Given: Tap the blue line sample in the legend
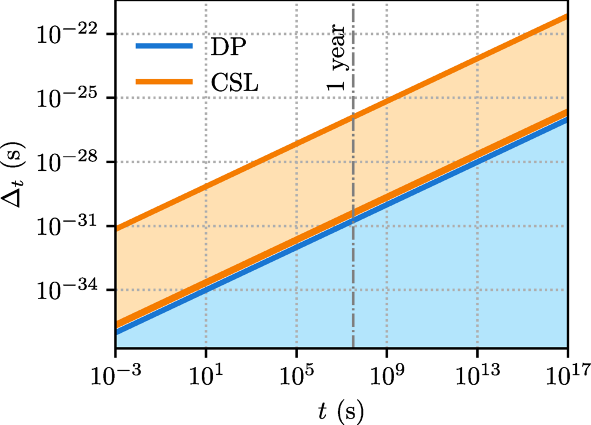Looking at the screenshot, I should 164,46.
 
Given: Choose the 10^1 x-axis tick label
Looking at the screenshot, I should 206,374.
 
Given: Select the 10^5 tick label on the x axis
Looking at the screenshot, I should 296,374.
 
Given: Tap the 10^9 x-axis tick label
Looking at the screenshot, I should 387,374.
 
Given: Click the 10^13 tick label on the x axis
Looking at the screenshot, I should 478,374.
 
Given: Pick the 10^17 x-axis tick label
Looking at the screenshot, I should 568,374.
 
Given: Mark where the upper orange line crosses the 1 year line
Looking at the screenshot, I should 353,116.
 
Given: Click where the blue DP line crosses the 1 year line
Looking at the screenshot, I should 353,220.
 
